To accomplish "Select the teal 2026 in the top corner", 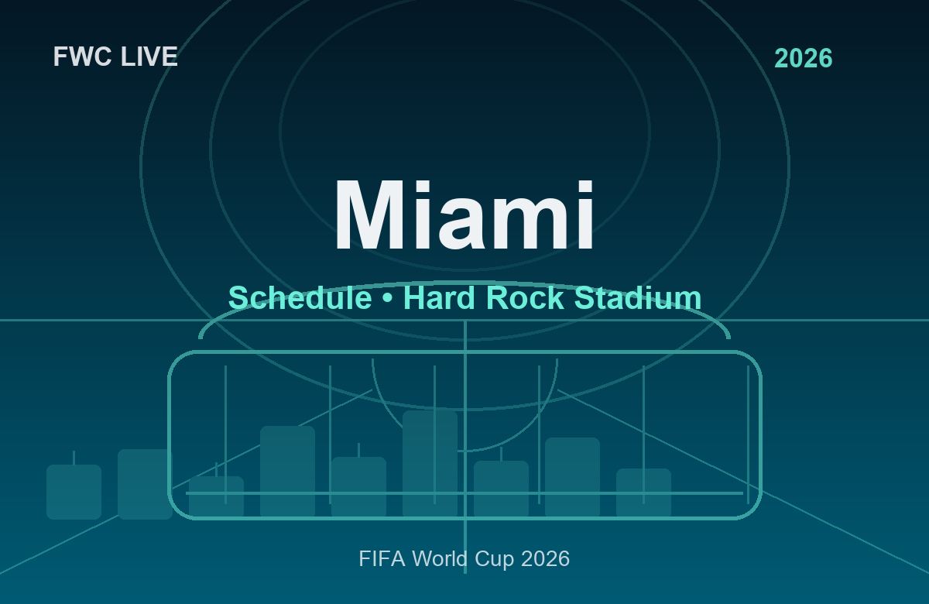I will pos(803,59).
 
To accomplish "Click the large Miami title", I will pos(464,217).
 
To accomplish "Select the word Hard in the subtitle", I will pos(437,298).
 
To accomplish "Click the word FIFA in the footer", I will pos(382,558).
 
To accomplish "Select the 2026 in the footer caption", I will pos(546,558).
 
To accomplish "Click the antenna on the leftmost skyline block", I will pos(74,457).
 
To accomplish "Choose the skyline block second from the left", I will pos(145,484).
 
